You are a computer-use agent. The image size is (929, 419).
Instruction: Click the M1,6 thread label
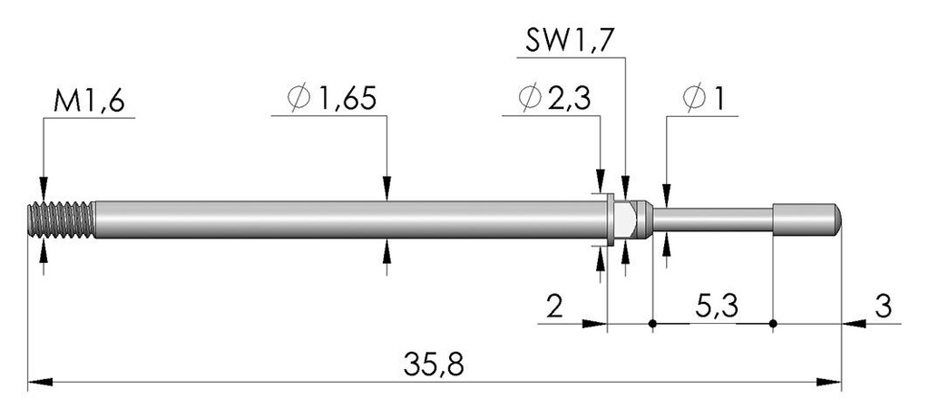click(89, 102)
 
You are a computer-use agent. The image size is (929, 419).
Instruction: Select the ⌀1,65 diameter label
click(332, 98)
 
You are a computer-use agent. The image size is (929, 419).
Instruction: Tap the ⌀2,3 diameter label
click(554, 98)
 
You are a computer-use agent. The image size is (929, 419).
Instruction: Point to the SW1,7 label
click(568, 42)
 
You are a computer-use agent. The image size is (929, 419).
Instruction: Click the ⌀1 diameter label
click(704, 98)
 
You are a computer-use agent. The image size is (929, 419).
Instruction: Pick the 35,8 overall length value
click(434, 365)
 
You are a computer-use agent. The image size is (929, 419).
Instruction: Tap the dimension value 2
click(554, 307)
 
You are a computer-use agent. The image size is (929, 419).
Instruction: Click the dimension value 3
click(883, 307)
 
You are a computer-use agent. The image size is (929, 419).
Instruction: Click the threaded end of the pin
click(62, 219)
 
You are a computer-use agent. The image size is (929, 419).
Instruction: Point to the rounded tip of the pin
click(836, 218)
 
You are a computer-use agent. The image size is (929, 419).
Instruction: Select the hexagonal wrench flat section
click(626, 218)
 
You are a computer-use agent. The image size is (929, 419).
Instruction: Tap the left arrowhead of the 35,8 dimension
click(40, 382)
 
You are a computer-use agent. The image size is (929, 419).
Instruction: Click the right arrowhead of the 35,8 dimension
click(829, 382)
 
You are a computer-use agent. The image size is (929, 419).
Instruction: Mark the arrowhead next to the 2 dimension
click(595, 324)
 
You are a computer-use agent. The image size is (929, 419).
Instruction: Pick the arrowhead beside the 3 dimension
click(854, 324)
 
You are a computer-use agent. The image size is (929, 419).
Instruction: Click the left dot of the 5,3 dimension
click(652, 324)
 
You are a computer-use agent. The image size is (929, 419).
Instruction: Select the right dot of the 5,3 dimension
click(773, 324)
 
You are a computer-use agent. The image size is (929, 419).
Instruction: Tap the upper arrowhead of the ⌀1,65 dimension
click(386, 189)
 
